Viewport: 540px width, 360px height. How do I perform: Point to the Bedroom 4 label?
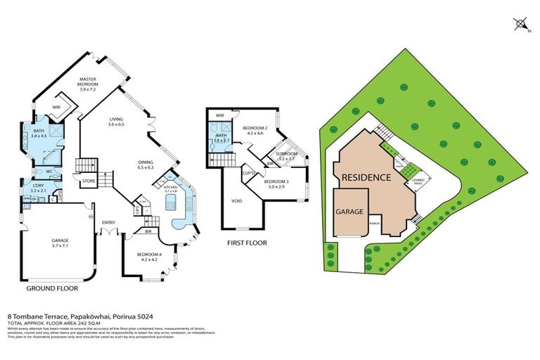coord(147,256)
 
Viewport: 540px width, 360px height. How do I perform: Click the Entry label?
coord(108,224)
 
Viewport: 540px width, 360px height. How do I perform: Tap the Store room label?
coord(89,181)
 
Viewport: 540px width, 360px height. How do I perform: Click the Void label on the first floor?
coord(237,200)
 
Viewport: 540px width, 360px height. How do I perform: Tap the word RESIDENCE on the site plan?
coord(366,177)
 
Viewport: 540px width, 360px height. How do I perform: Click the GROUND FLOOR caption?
coord(52,288)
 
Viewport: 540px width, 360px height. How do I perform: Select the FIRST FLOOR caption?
coord(246,243)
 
